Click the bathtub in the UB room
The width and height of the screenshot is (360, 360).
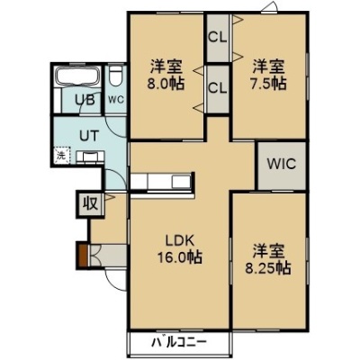[77, 76]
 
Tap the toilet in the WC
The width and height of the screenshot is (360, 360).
[115, 76]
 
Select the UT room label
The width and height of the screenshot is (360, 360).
[89, 136]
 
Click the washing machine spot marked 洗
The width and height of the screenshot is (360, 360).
[62, 156]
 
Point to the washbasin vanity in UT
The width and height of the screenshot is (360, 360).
[90, 157]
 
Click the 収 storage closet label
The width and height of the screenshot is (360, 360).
[90, 204]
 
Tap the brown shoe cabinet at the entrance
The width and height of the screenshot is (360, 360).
[83, 256]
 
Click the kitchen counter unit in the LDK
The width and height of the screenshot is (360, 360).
[161, 182]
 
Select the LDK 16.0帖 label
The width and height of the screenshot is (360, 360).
[180, 248]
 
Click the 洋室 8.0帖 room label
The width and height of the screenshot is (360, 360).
[166, 75]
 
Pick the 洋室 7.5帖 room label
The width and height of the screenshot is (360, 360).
[268, 75]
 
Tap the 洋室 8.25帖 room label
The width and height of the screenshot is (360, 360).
[268, 259]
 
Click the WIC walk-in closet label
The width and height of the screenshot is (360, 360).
[282, 164]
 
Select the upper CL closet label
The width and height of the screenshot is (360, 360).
[218, 38]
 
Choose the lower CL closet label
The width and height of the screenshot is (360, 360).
[218, 88]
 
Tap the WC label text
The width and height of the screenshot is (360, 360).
[116, 100]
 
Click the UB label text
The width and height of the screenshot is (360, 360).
[85, 100]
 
